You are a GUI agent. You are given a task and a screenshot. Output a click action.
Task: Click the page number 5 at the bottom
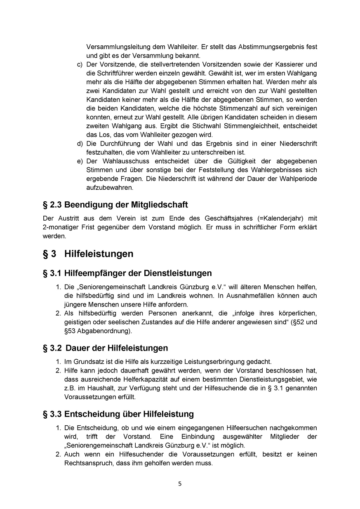tap(180, 484)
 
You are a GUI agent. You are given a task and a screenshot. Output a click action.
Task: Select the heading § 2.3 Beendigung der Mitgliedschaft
tap(115, 205)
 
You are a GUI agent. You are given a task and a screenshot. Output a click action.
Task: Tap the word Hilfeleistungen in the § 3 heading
tap(99, 253)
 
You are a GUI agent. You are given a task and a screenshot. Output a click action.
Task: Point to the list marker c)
tap(80, 64)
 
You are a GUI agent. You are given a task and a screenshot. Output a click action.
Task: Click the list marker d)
tap(80, 143)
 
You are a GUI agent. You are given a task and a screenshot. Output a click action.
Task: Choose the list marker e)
tap(80, 161)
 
